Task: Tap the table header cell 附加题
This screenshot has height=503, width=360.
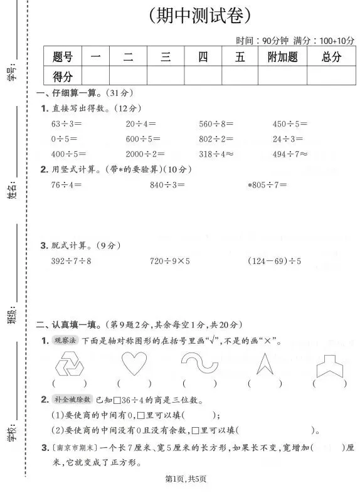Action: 282,57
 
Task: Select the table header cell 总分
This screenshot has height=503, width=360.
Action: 331,57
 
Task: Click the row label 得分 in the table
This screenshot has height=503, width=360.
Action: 63,77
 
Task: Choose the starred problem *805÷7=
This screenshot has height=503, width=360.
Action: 268,185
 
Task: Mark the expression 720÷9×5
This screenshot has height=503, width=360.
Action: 170,260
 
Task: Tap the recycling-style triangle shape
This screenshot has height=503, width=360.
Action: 70,364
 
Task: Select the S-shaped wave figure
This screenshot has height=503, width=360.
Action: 199,363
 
